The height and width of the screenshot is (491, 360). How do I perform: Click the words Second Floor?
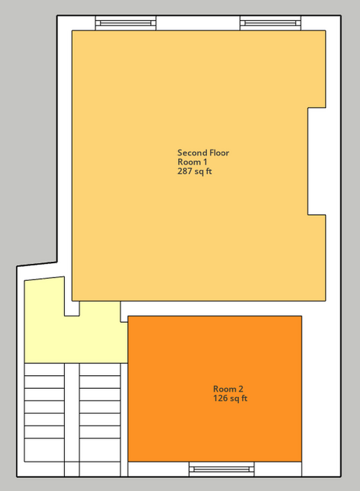[203, 153]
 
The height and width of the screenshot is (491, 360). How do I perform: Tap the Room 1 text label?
[192, 162]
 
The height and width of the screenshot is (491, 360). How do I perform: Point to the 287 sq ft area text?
[194, 172]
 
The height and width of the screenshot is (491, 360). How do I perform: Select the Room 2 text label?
[228, 389]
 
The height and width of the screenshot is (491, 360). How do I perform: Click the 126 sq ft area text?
[230, 398]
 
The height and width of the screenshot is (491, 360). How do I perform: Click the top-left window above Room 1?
[126, 23]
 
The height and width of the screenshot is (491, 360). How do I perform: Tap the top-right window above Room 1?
[270, 23]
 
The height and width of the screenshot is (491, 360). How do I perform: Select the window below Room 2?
[222, 469]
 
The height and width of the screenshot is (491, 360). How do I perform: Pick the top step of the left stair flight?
[45, 369]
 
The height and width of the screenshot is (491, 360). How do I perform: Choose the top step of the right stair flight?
[100, 369]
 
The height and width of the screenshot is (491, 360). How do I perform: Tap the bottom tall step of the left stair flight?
[45, 450]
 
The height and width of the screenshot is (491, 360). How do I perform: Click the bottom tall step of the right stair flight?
[100, 450]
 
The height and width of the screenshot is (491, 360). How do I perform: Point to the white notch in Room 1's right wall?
[317, 161]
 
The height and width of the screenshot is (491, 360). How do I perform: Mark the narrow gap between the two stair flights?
[72, 420]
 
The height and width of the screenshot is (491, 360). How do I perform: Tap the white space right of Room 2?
[321, 396]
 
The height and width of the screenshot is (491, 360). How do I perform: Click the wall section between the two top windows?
[198, 23]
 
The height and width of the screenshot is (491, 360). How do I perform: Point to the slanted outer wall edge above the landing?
[37, 264]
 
